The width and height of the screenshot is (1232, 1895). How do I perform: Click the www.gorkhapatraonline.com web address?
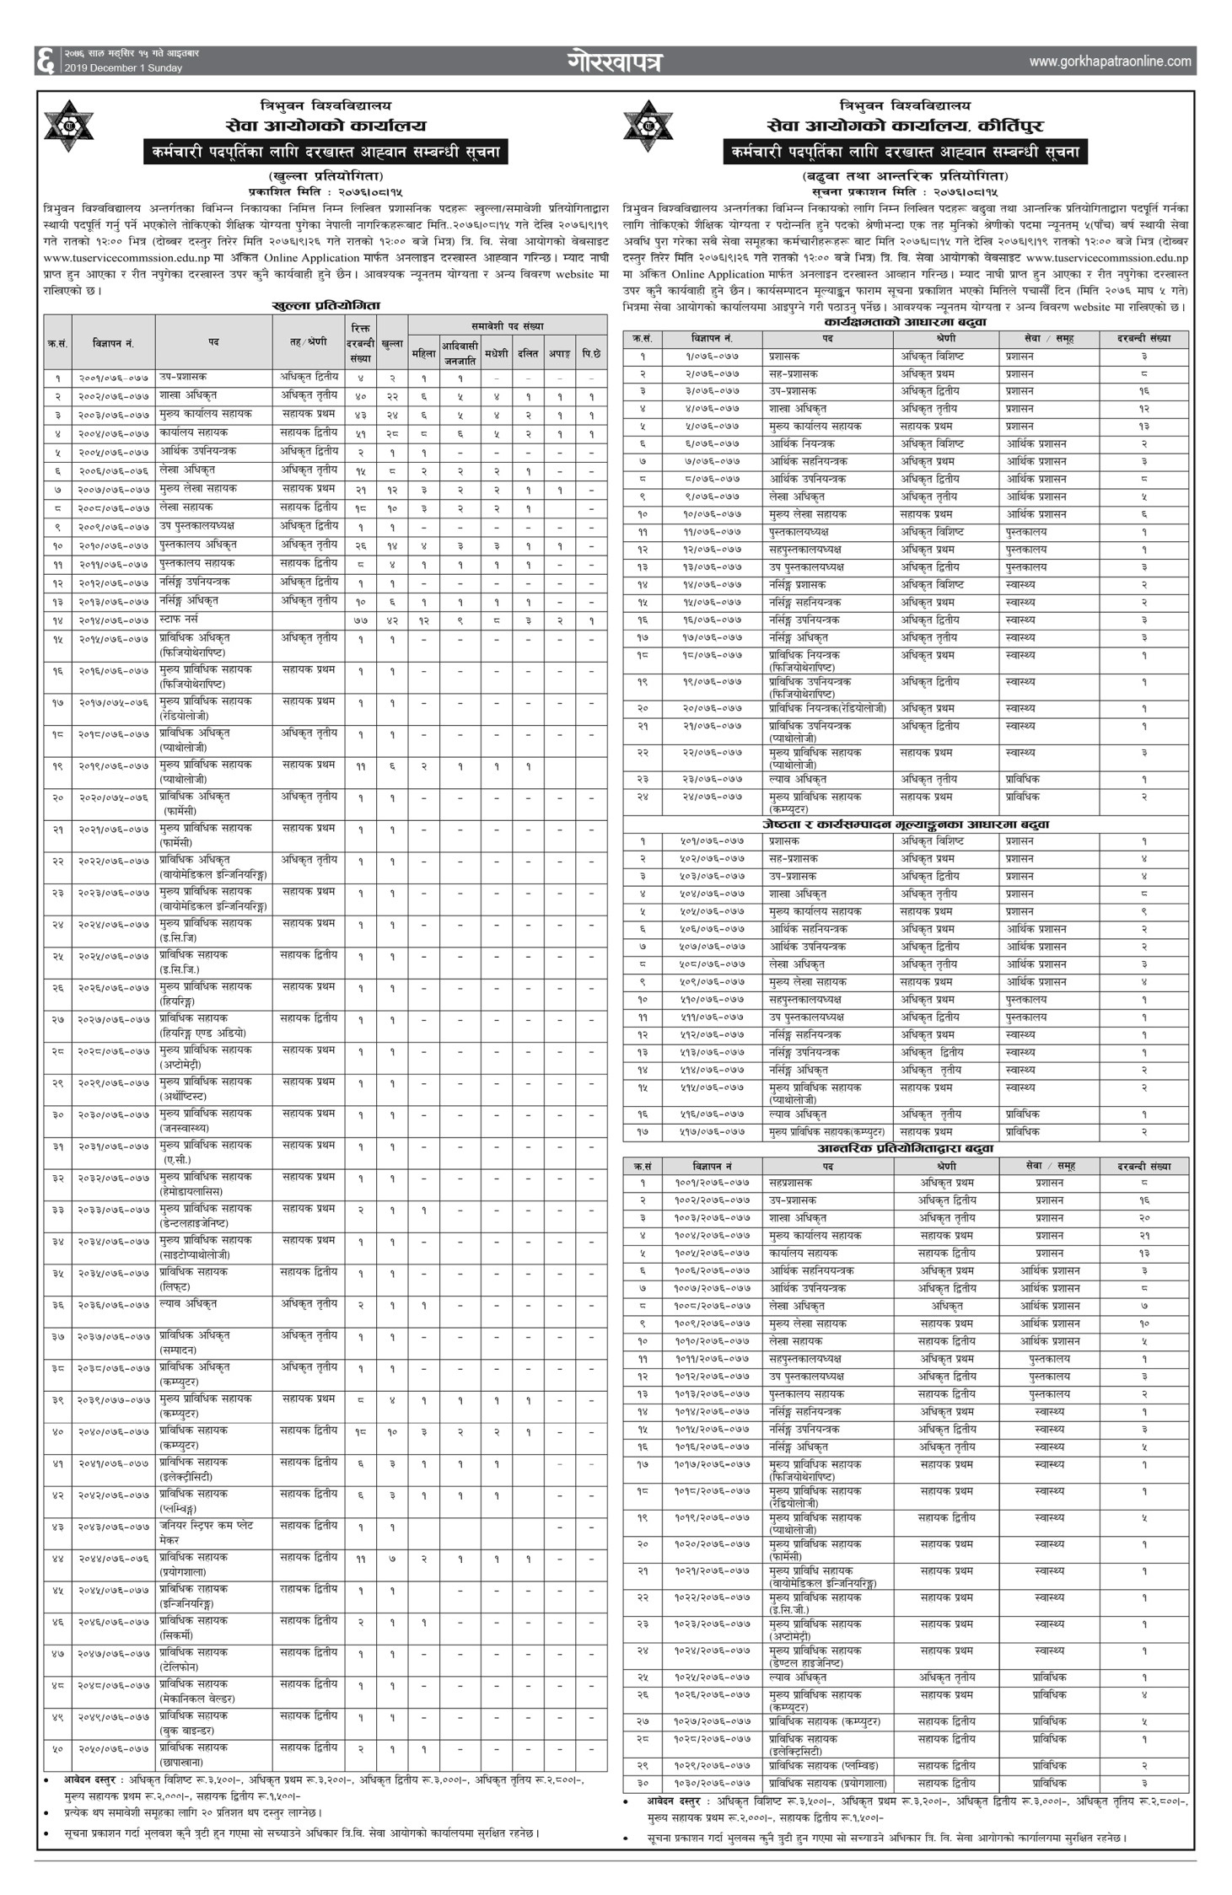point(1110,62)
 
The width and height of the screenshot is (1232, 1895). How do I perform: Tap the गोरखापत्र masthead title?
point(615,62)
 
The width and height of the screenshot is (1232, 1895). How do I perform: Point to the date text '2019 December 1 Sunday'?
point(123,68)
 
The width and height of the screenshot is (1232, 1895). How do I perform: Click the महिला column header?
point(423,354)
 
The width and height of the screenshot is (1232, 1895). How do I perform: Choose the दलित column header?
point(527,354)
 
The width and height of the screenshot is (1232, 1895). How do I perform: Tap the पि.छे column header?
point(591,354)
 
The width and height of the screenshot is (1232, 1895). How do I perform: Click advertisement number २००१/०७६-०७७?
point(113,378)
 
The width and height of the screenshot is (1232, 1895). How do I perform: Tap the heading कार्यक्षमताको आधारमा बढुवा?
point(906,322)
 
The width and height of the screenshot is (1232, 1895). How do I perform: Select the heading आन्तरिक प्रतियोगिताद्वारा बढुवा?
point(905,1148)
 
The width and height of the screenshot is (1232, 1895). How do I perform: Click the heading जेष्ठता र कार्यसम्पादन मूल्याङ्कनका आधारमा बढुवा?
point(905,824)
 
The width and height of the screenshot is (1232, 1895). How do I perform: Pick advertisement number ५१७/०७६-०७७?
point(712,1132)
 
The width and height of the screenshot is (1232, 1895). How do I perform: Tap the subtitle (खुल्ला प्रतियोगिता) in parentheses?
point(325,175)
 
